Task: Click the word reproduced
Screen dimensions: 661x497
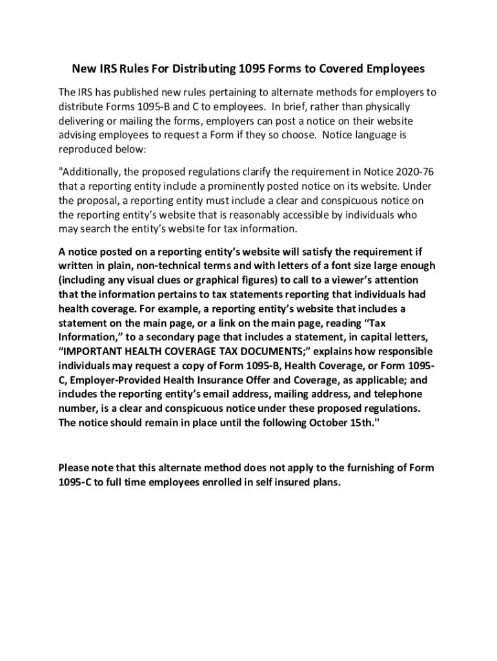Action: pos(87,148)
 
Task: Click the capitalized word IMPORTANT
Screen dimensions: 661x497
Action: pos(98,351)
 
